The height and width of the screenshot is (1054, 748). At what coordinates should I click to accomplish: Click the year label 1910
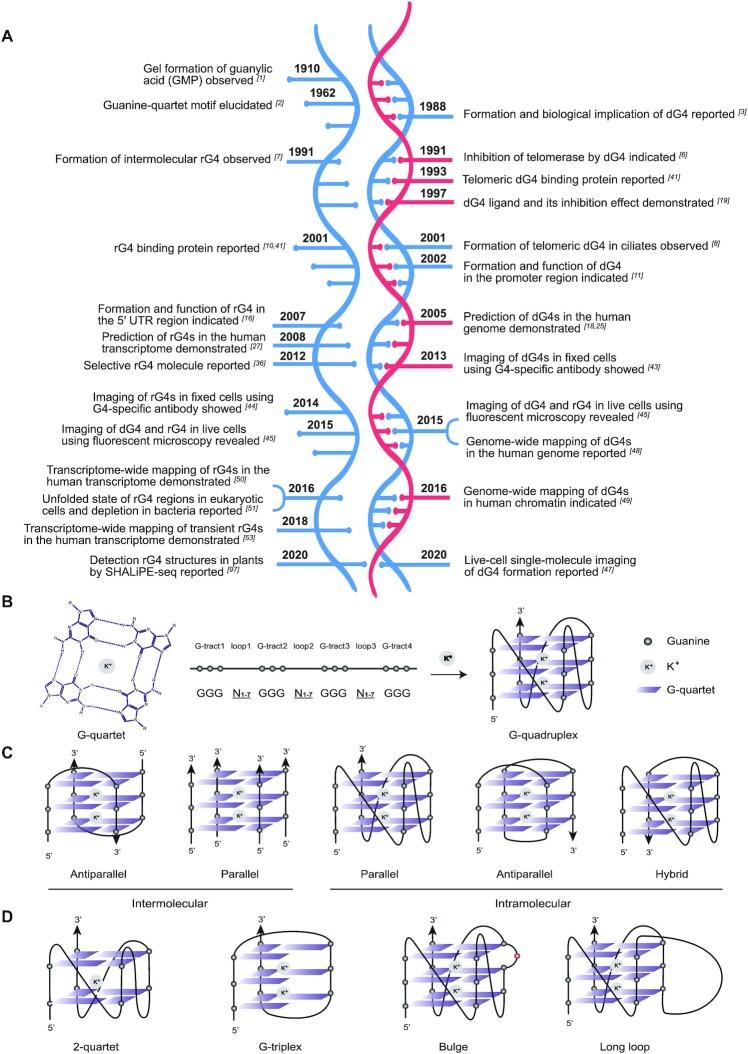coord(285,69)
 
